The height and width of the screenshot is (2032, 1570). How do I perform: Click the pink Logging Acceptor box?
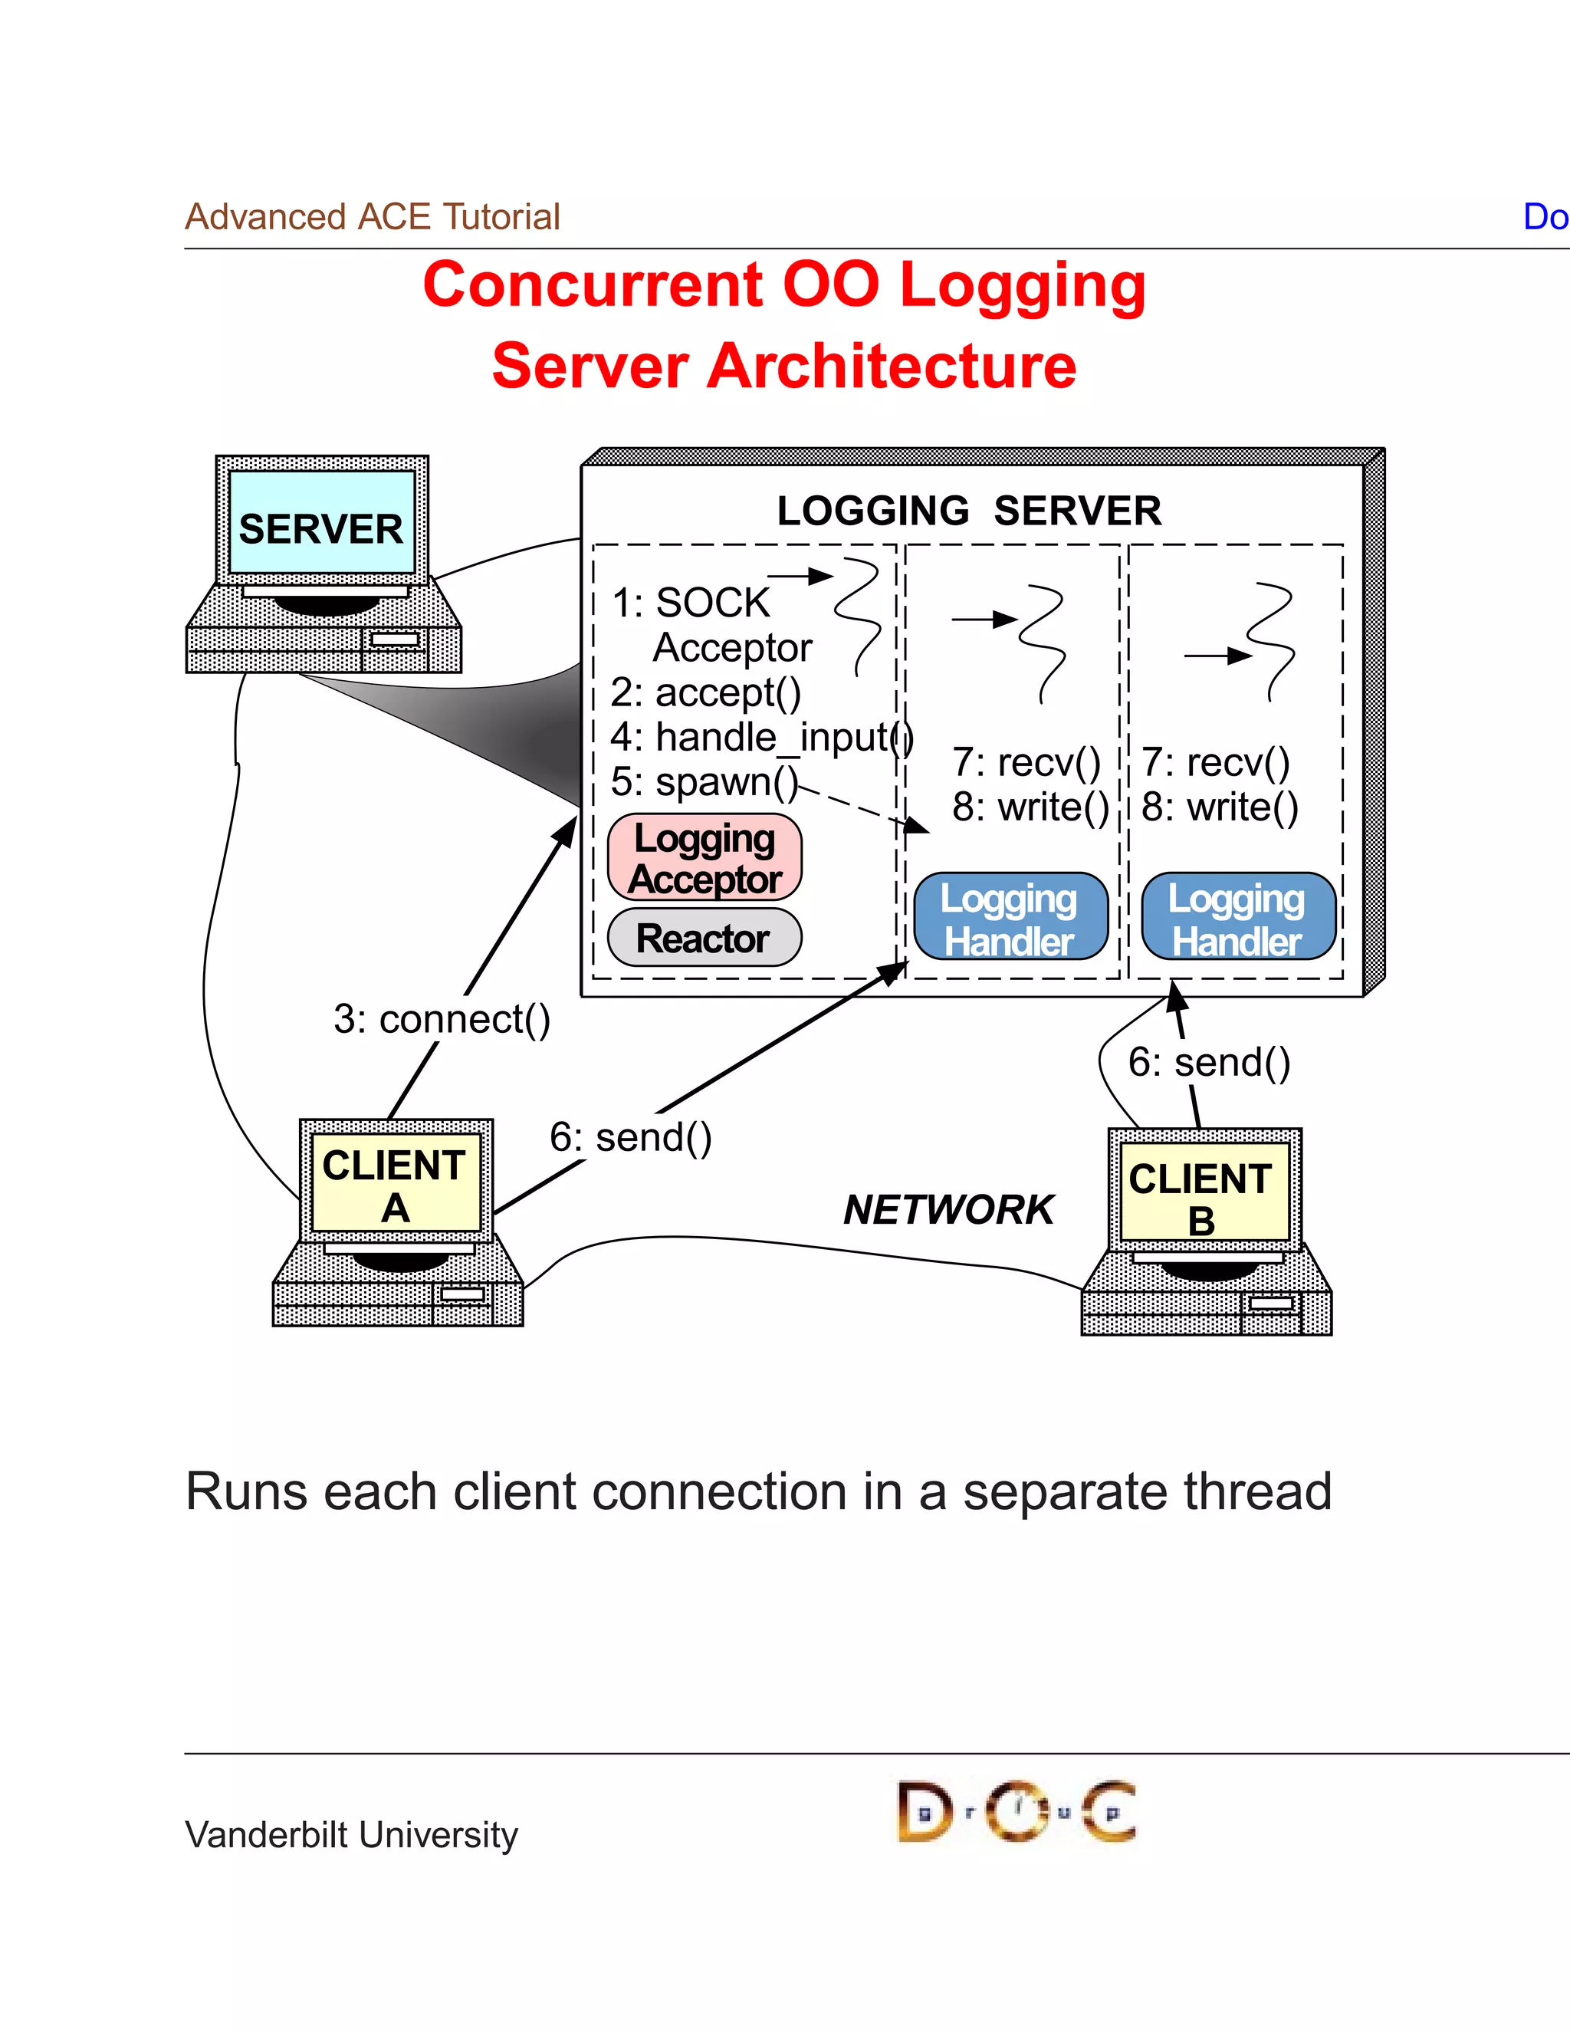[704, 857]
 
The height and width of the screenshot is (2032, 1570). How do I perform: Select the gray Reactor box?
[704, 938]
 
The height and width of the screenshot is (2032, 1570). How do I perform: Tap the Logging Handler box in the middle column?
[1010, 916]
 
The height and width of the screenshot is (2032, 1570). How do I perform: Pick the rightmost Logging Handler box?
[1238, 916]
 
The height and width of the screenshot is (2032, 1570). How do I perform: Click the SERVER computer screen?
[322, 522]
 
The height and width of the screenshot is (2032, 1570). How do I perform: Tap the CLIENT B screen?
[1204, 1195]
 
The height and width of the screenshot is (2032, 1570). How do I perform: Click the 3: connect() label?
[442, 1019]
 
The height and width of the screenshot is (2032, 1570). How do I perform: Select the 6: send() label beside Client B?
[1209, 1061]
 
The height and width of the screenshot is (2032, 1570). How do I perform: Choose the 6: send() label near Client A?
[631, 1137]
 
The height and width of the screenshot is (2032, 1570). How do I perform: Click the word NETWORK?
[948, 1209]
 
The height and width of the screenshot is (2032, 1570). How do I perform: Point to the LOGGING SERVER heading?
[969, 511]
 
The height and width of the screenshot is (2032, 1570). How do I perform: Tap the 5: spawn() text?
[704, 781]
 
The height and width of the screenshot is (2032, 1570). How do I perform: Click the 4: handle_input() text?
[760, 737]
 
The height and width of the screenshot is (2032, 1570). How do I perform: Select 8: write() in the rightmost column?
[1220, 807]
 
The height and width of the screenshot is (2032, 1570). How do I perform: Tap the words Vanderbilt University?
[352, 1835]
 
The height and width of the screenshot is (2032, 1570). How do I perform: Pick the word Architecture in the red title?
[891, 366]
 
